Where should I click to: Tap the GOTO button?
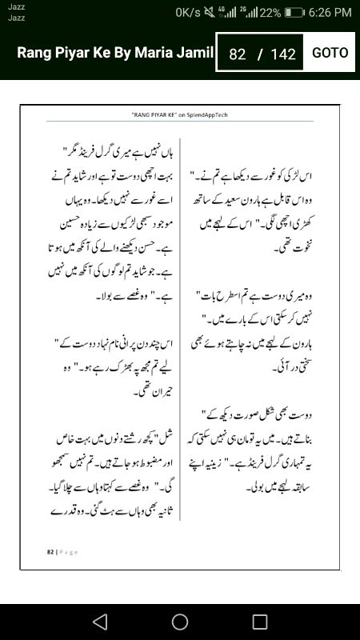(x=330, y=53)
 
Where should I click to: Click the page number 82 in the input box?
(x=237, y=54)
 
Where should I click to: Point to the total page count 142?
(x=283, y=54)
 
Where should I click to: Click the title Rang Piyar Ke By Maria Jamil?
(x=115, y=54)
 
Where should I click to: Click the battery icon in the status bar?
(x=294, y=13)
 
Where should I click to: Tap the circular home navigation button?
(x=180, y=622)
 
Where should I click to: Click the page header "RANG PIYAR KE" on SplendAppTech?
(x=179, y=115)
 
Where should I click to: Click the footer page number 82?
(x=50, y=551)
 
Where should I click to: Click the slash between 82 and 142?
(x=259, y=54)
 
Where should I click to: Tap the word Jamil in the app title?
(x=197, y=54)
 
